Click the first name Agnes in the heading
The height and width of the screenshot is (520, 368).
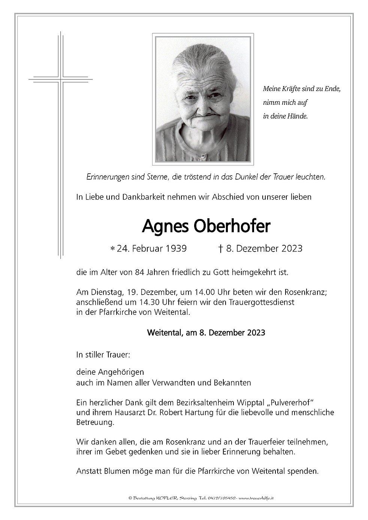click(160, 226)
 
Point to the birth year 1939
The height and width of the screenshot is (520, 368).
click(176, 248)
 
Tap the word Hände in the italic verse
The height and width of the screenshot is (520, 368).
click(297, 116)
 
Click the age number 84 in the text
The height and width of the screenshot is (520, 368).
click(127, 273)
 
